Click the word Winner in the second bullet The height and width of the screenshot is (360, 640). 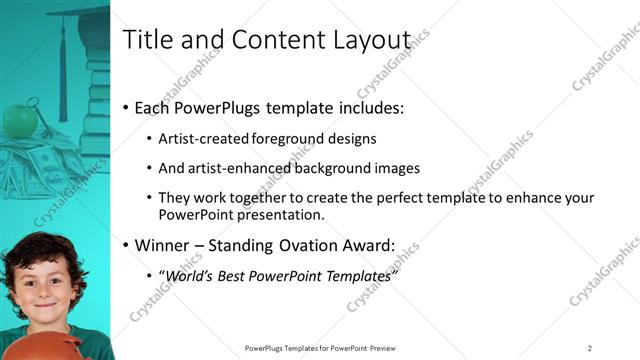tap(162, 245)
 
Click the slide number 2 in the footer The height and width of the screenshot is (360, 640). tap(589, 348)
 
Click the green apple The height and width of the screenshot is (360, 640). tap(19, 120)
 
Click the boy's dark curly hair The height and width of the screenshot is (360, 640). tap(40, 246)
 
